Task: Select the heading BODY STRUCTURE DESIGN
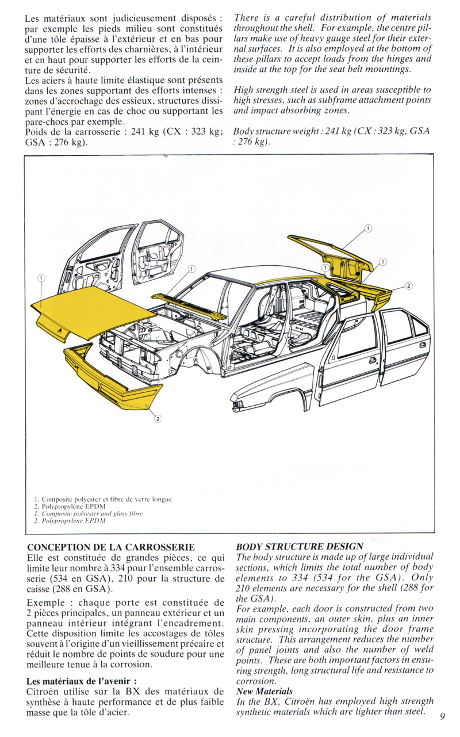[x=300, y=547]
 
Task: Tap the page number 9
[x=443, y=716]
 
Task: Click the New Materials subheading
[x=264, y=691]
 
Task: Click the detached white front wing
[x=270, y=388]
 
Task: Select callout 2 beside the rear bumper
[x=409, y=286]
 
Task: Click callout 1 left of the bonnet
[x=41, y=278]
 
